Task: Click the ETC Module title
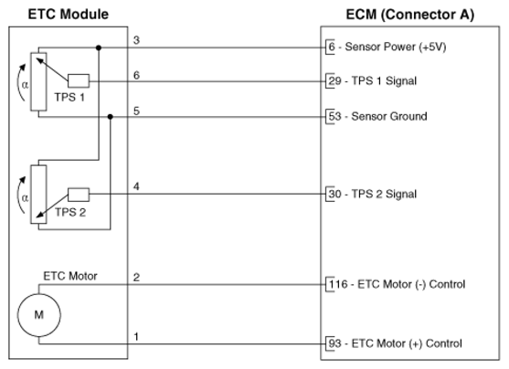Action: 69,15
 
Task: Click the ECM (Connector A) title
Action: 410,15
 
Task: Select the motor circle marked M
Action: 39,314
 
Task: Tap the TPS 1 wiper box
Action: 79,80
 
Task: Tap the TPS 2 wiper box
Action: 79,195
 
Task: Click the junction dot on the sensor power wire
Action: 99,48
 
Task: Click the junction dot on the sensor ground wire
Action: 111,117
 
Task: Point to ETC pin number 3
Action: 136,40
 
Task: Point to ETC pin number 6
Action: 136,75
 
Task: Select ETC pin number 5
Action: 136,111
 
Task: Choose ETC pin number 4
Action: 136,186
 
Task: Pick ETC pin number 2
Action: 136,278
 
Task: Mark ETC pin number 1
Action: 136,336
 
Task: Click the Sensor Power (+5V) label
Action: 396,47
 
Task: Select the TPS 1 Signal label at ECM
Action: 384,80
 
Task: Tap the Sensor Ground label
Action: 389,116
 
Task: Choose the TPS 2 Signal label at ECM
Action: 384,194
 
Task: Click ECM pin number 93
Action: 334,343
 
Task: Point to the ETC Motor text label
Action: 70,276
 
